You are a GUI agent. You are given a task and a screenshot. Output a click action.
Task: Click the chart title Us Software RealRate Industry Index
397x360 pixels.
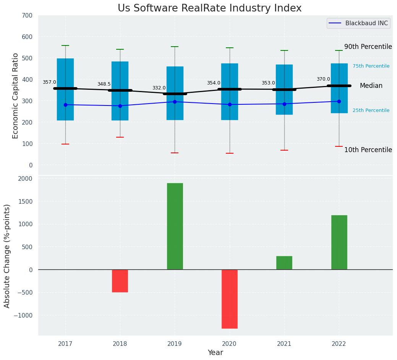(x=209, y=8)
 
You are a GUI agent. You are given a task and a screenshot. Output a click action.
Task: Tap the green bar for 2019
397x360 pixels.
(x=175, y=226)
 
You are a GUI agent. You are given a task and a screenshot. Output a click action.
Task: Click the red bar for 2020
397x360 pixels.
(x=229, y=299)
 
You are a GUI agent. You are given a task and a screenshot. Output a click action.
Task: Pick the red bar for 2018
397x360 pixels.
(x=120, y=281)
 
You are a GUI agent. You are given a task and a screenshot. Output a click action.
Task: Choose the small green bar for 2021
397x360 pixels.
(x=284, y=263)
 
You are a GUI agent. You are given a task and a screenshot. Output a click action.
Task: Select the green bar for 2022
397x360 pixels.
(x=339, y=242)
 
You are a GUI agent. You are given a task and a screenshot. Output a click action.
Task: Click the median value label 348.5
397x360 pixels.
(x=104, y=84)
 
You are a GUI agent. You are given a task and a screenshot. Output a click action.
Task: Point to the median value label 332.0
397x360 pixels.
(x=159, y=88)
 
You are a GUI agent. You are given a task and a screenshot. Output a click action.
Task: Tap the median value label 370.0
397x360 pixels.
(x=323, y=79)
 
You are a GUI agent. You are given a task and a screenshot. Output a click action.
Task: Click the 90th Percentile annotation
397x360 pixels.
(x=368, y=47)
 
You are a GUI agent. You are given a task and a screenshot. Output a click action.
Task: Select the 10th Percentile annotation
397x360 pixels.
(x=368, y=150)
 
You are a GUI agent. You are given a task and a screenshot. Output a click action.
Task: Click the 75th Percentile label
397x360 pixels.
(x=371, y=66)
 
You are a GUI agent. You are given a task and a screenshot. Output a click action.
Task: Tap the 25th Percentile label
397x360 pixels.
(x=371, y=110)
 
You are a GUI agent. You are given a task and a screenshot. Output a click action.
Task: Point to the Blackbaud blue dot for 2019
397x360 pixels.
(x=175, y=102)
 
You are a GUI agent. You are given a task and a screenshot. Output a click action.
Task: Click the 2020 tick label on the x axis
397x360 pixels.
(x=229, y=344)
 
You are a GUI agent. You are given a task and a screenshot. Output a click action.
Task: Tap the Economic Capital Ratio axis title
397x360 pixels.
(x=15, y=96)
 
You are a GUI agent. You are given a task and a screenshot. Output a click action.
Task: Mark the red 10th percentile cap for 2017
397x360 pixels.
(x=65, y=144)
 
